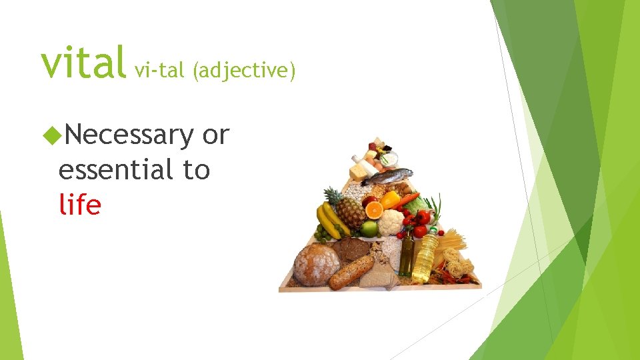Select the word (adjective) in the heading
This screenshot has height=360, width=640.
[243, 69]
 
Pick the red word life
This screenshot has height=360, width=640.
[79, 204]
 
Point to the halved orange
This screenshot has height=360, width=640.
[373, 209]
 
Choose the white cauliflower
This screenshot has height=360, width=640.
[391, 222]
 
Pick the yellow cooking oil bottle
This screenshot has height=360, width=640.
[424, 257]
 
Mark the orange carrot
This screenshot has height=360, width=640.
[410, 197]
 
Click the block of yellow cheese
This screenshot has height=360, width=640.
[359, 172]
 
